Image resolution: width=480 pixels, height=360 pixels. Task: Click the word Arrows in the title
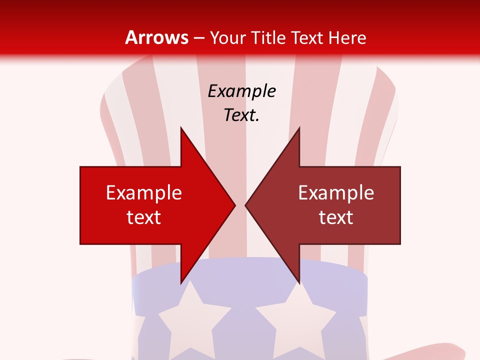[x=157, y=37]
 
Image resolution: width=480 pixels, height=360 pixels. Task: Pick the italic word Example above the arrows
[x=242, y=91]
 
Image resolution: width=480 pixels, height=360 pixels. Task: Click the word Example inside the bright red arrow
[x=144, y=192]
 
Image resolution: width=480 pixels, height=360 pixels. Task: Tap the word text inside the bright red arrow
[x=144, y=217]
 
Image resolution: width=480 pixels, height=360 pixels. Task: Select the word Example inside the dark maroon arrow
[x=336, y=192]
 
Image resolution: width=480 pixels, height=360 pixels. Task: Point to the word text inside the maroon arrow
[x=336, y=217]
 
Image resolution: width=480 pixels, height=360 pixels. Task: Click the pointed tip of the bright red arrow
[x=235, y=205]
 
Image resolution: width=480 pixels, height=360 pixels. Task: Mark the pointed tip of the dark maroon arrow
[x=245, y=205]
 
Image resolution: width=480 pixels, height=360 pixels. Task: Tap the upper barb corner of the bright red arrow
[x=181, y=128]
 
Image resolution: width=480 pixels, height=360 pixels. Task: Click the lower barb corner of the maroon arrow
[x=299, y=283]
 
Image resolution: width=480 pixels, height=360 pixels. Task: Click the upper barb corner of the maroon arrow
[x=299, y=128]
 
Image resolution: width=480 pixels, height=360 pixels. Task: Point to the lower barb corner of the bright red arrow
[x=181, y=283]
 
